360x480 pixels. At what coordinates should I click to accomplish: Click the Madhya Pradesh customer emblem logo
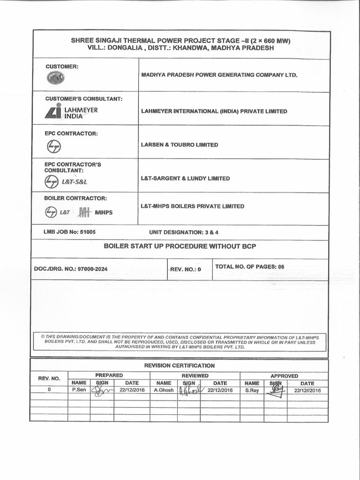pos(56,79)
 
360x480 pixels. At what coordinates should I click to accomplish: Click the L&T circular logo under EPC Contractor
pos(54,147)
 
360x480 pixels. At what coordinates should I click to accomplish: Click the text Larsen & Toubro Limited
pos(180,145)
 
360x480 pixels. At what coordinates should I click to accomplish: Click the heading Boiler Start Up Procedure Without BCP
pos(180,246)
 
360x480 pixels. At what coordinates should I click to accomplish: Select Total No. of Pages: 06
pos(249,267)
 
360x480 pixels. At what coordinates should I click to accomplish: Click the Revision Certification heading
pos(180,365)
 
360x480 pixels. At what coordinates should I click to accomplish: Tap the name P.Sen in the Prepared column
pos(79,390)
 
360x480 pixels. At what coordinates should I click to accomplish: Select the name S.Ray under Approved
pos(252,390)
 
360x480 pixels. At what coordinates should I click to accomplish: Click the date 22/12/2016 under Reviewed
pos(220,390)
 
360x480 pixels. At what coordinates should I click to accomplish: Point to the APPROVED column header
pos(284,375)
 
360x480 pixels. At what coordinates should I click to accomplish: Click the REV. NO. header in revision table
pos(49,378)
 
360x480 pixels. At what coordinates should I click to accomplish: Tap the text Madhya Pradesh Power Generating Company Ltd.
pos(219,75)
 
